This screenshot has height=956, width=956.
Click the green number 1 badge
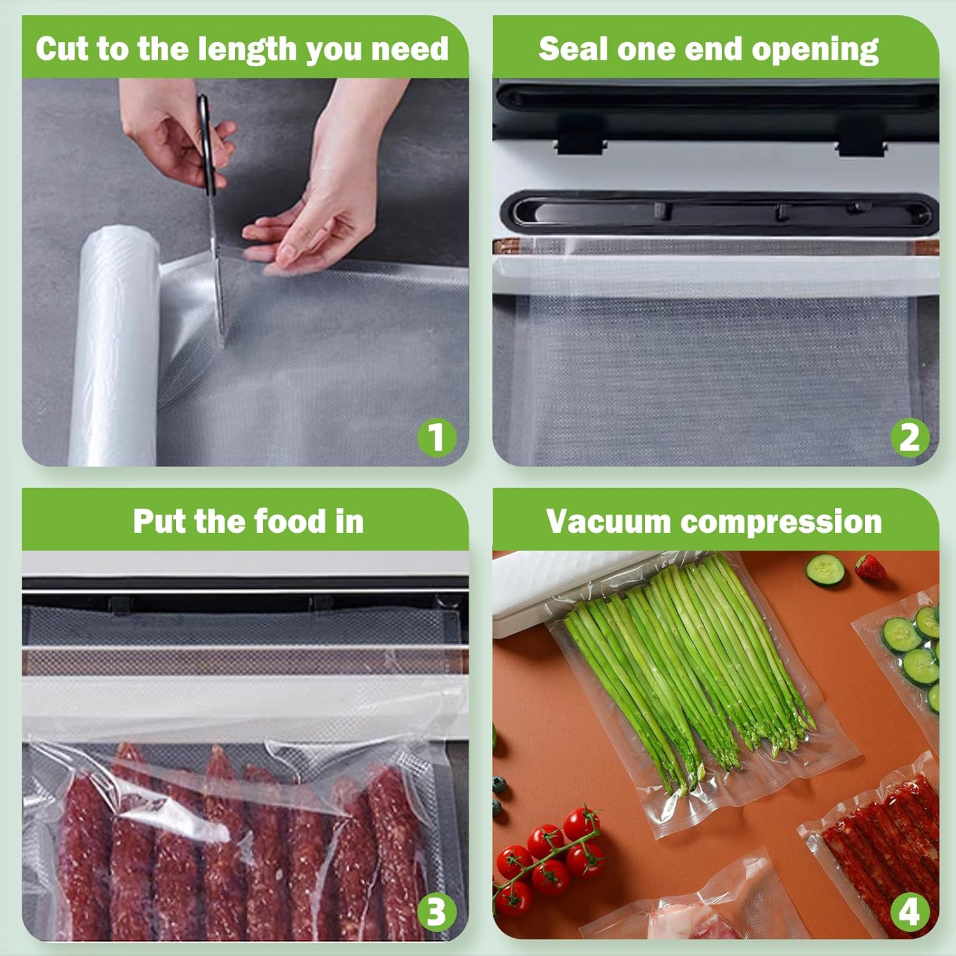(x=436, y=437)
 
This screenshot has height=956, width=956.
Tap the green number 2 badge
(x=909, y=437)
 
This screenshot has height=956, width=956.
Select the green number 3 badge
(x=436, y=911)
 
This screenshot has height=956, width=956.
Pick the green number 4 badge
(x=909, y=911)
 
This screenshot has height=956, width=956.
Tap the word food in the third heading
(x=290, y=521)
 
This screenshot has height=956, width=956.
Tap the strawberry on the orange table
(x=870, y=567)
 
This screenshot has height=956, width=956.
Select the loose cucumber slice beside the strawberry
(x=825, y=569)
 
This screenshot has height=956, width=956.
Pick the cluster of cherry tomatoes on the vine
(x=551, y=854)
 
